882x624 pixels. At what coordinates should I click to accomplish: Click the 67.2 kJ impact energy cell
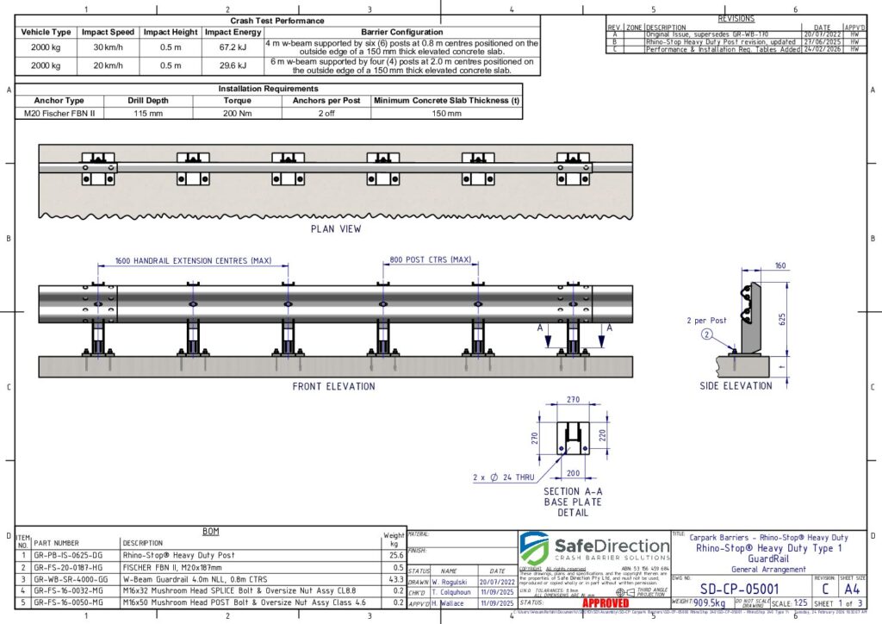tap(233, 46)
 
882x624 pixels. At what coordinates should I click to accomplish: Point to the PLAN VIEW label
tap(336, 229)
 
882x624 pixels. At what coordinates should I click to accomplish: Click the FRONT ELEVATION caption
tap(333, 387)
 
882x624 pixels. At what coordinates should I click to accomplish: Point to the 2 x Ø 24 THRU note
tap(503, 477)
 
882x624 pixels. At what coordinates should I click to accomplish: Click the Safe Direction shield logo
tap(533, 548)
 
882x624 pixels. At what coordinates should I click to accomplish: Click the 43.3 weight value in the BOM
tap(396, 580)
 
